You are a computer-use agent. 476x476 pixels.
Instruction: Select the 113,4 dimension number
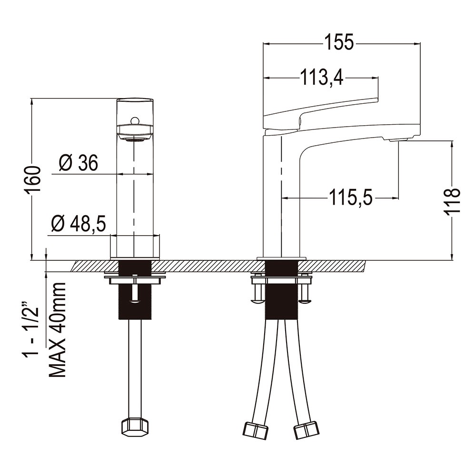pyautogui.click(x=321, y=77)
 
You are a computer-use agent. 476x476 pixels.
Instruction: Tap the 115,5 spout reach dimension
pyautogui.click(x=351, y=198)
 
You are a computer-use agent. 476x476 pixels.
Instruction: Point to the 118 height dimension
pyautogui.click(x=452, y=201)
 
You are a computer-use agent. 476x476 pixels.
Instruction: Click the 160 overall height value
pyautogui.click(x=33, y=180)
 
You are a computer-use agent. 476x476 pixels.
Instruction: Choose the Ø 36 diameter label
pyautogui.click(x=79, y=163)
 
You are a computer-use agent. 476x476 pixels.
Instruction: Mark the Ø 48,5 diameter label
pyautogui.click(x=79, y=224)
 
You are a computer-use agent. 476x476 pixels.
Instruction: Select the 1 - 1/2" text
pyautogui.click(x=30, y=329)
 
